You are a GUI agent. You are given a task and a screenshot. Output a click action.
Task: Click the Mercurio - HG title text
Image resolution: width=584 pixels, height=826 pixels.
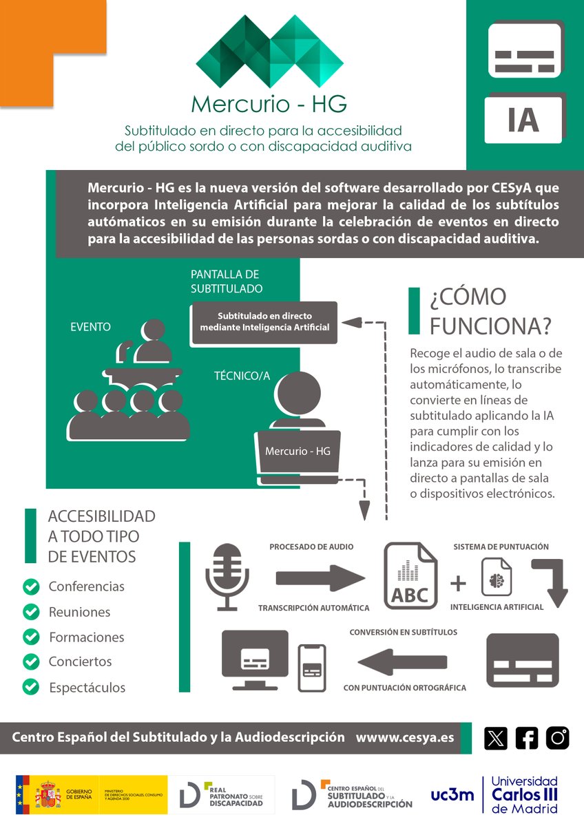click(x=269, y=103)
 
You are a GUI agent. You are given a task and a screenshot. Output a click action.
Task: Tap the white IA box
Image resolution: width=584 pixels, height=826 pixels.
click(x=523, y=118)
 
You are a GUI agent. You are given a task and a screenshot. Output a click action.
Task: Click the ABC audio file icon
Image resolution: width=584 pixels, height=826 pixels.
click(x=410, y=577)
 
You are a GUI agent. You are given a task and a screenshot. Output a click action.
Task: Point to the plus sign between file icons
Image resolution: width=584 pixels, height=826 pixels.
click(x=458, y=584)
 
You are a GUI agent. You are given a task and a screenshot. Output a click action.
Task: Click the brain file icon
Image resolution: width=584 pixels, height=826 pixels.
click(x=496, y=578)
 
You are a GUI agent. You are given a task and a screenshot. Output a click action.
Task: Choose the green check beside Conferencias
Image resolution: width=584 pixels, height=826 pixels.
click(x=30, y=586)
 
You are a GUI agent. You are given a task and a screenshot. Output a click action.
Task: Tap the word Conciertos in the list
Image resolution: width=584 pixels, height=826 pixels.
click(x=80, y=661)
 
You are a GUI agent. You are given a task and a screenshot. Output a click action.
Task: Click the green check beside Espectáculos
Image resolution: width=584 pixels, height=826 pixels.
click(x=30, y=686)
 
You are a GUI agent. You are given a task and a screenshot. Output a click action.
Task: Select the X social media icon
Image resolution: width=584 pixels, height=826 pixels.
click(x=496, y=738)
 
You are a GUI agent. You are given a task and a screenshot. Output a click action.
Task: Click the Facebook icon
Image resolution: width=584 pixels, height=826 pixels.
click(x=527, y=738)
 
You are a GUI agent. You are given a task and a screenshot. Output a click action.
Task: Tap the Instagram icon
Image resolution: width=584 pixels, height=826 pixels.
click(x=558, y=738)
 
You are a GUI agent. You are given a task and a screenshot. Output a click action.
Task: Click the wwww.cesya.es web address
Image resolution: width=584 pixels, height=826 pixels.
click(x=405, y=737)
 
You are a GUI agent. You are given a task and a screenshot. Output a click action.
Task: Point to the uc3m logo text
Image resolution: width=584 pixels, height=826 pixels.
click(x=452, y=795)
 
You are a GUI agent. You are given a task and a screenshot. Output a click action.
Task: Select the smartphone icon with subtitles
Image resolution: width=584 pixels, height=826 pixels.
click(x=312, y=667)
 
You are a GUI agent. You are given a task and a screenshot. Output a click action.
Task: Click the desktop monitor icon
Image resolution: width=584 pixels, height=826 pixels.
click(x=254, y=659)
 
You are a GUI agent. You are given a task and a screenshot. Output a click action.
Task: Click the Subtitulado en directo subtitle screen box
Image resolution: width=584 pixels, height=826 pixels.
click(x=265, y=322)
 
